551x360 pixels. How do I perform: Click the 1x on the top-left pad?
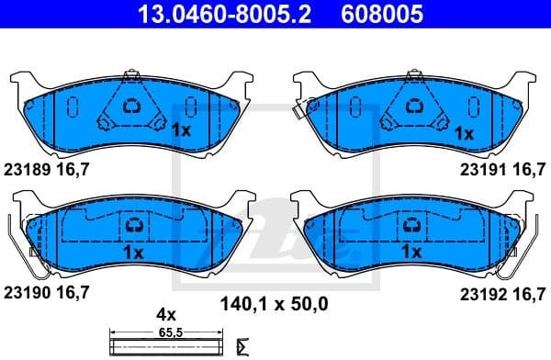click(180, 131)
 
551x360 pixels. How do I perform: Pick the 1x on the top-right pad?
click(464, 131)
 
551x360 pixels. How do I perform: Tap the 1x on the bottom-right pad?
click(410, 251)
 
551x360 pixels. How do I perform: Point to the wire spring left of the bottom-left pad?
click(20, 248)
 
